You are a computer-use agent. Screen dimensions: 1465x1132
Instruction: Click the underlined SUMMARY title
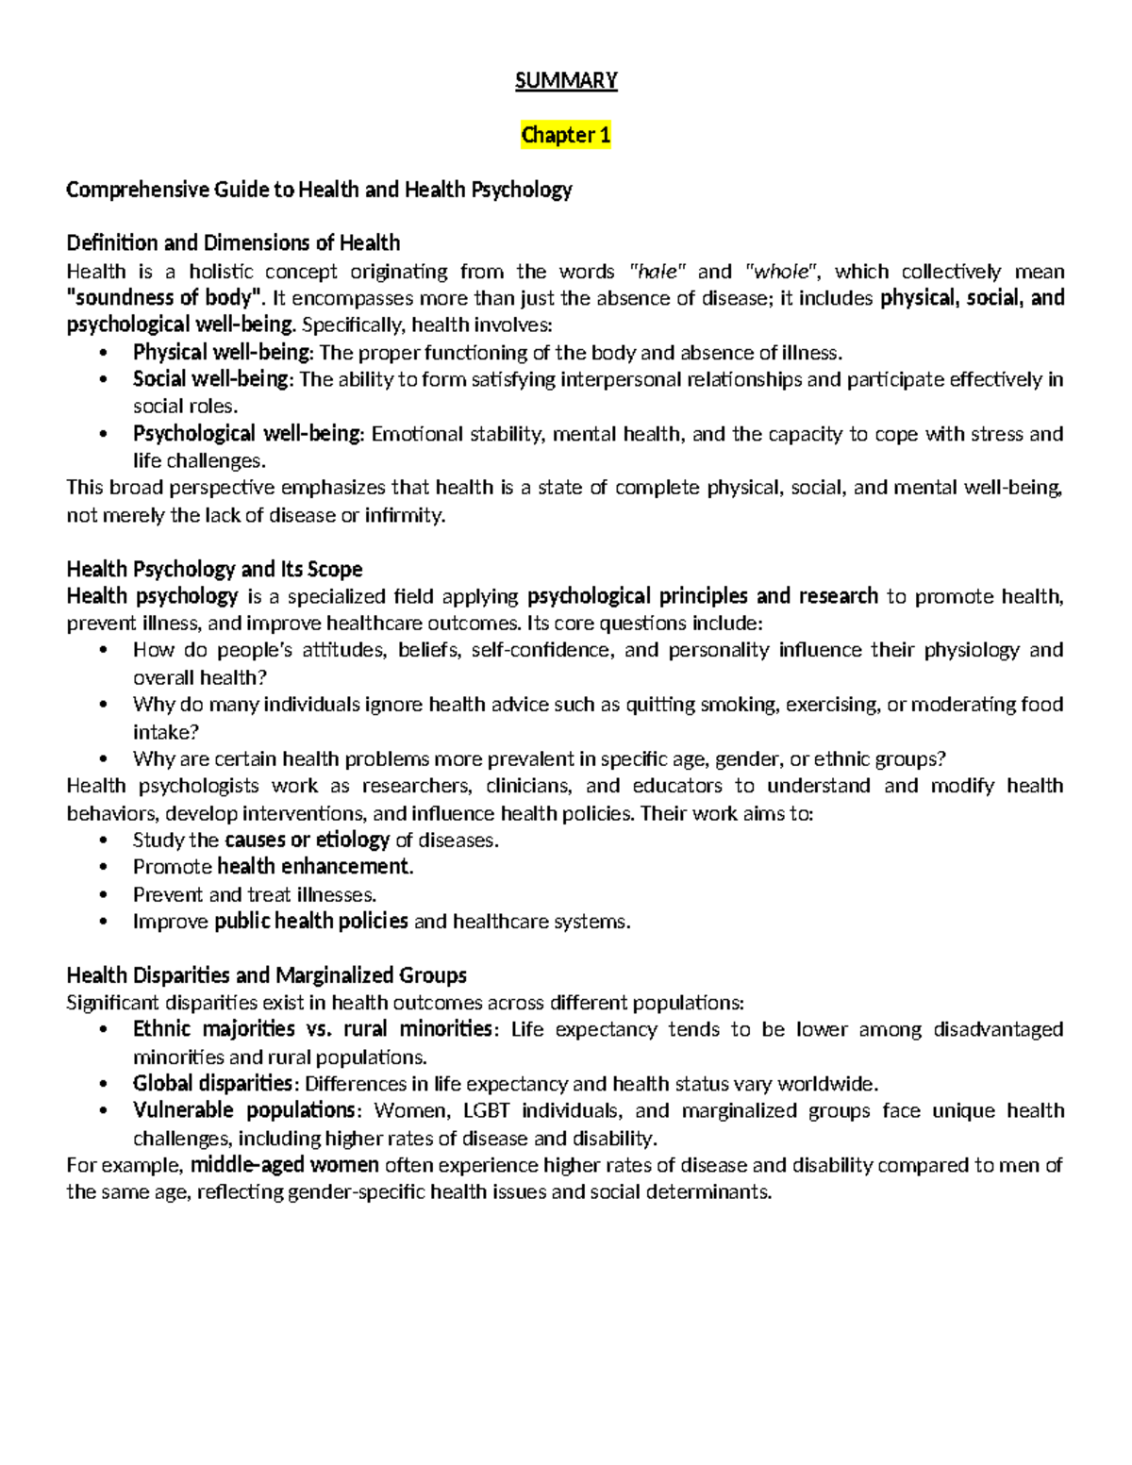pos(566,81)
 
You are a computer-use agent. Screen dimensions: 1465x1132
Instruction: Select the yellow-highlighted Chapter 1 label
pos(566,136)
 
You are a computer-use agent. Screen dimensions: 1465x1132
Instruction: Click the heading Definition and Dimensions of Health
pos(233,243)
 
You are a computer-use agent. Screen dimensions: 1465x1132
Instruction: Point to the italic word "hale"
pos(658,272)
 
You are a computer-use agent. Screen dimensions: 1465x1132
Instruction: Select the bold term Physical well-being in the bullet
pos(222,353)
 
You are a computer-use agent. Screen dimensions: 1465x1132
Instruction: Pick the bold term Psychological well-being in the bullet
pos(247,434)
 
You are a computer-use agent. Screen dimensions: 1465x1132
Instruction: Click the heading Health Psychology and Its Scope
pos(214,570)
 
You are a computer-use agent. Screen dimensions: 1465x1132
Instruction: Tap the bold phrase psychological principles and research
pos(703,596)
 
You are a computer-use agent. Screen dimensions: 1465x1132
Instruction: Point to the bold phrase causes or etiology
pos(307,841)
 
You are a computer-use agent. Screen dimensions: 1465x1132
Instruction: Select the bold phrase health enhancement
pos(315,867)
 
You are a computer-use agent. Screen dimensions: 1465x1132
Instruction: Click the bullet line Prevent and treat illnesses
pos(255,894)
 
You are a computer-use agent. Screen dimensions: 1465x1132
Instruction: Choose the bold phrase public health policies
pos(311,922)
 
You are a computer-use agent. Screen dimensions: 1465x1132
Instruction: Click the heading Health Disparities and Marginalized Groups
pos(266,975)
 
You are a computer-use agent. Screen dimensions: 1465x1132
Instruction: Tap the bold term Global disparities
pos(212,1084)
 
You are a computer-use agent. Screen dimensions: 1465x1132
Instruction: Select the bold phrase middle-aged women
pos(285,1166)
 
